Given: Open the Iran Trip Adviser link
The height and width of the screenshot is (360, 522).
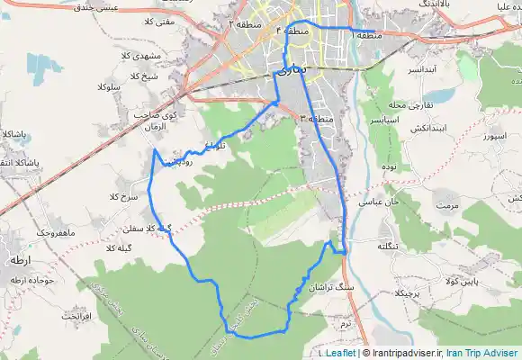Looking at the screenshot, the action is pyautogui.click(x=482, y=354).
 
